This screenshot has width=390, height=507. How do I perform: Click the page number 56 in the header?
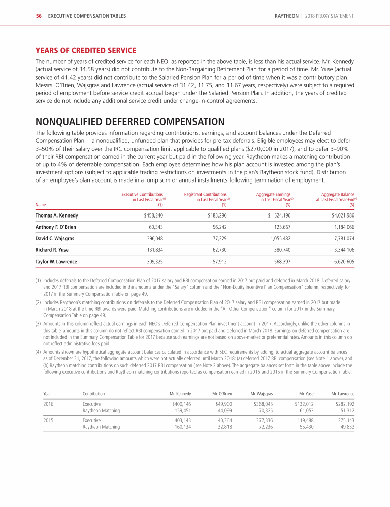coord(38,16)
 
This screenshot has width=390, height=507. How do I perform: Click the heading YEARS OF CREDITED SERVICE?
coord(85,50)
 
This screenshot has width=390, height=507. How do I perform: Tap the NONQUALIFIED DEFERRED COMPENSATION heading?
coord(129,122)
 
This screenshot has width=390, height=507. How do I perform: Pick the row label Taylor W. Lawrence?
coord(56,262)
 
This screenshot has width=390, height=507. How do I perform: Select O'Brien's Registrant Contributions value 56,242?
coord(217,227)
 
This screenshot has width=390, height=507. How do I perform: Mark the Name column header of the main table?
coord(41,205)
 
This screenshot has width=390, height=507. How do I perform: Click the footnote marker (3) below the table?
coord(38,323)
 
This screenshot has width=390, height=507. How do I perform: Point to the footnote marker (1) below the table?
coord(38,279)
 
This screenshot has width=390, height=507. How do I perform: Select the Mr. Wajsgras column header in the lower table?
coord(263,393)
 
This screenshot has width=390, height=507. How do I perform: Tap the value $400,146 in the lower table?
coord(181,404)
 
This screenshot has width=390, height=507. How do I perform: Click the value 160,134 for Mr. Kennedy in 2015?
coord(183,427)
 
